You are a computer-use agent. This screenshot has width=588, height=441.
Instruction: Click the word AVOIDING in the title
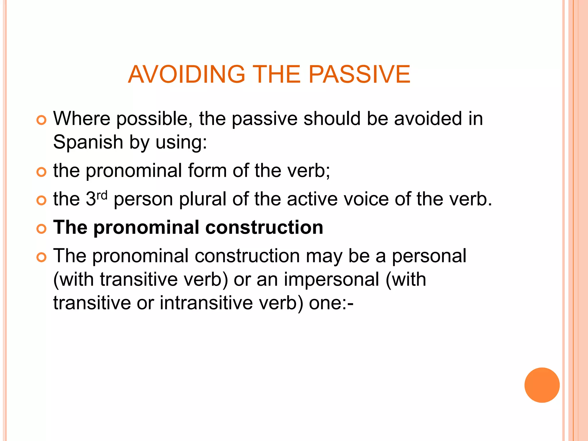[186, 74]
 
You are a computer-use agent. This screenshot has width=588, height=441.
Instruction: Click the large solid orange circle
[542, 385]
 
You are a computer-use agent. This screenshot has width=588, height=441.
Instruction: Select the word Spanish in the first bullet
[88, 142]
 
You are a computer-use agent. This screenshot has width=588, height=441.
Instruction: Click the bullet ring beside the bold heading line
[42, 229]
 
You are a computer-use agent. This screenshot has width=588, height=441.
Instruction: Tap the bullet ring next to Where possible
[42, 120]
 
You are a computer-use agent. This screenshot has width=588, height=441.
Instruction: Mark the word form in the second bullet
[207, 171]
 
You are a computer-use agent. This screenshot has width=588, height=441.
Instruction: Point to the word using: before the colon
[181, 142]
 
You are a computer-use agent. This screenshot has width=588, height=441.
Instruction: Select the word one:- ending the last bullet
[331, 303]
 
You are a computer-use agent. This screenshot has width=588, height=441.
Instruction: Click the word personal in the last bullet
[429, 256]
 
